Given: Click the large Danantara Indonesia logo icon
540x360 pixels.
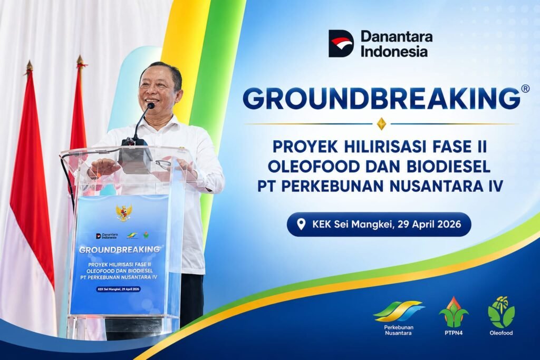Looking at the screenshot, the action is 341,43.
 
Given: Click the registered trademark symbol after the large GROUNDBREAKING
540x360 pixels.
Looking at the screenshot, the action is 526,89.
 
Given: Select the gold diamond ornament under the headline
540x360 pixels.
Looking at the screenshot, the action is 381,123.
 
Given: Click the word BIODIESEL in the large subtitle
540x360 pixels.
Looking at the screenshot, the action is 448,167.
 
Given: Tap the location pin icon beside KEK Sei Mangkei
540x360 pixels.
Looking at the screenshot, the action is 301,225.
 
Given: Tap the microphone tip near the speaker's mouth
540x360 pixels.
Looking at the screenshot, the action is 150,106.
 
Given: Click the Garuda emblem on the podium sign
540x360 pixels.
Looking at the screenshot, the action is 123,213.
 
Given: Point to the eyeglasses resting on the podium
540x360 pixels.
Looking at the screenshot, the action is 165,164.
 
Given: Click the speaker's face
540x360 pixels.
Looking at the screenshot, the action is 158,90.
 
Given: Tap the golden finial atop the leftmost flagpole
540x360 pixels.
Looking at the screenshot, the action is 30,66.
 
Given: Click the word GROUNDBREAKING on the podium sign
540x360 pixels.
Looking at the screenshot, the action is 119,249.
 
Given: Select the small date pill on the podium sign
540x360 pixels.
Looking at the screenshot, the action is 119,289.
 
